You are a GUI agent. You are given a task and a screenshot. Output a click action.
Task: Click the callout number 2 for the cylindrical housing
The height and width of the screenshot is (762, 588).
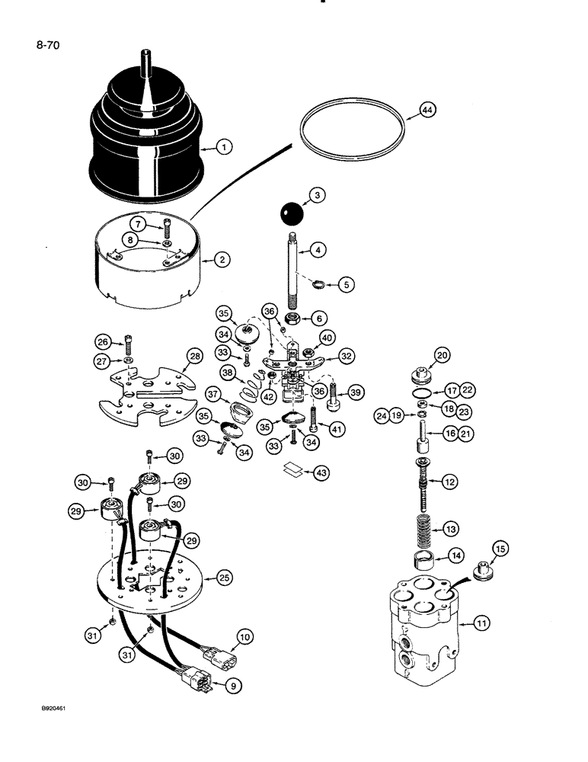click(x=221, y=260)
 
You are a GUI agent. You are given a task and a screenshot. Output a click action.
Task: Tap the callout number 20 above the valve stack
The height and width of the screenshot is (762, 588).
click(x=443, y=354)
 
